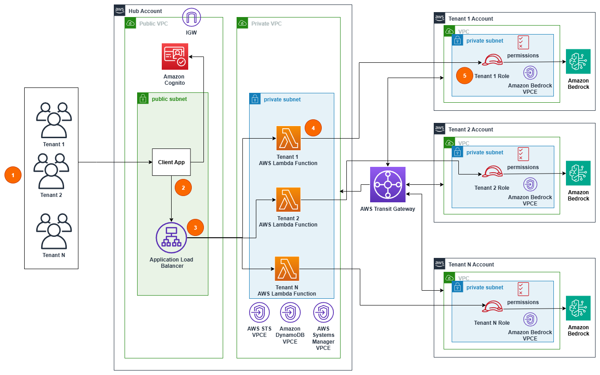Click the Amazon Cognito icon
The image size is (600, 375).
click(175, 57)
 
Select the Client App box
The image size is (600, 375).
click(172, 162)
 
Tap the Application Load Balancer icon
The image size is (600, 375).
click(171, 238)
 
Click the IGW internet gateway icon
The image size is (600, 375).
click(191, 17)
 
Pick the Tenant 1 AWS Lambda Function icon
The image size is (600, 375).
click(288, 138)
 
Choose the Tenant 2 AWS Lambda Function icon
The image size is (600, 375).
click(288, 200)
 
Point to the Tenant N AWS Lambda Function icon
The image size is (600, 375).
click(287, 269)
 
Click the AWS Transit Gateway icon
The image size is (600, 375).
click(388, 185)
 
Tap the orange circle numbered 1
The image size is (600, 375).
click(13, 175)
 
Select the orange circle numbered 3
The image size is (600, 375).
click(195, 227)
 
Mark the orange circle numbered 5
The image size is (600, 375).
click(465, 76)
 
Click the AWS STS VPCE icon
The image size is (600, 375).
click(259, 313)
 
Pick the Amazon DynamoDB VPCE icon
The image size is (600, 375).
click(290, 313)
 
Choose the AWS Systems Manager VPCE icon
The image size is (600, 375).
click(323, 313)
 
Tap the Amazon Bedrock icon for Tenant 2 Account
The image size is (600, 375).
click(578, 173)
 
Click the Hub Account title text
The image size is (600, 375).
click(145, 11)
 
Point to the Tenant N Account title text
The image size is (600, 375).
click(471, 265)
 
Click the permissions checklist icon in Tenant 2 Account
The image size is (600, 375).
click(523, 154)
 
